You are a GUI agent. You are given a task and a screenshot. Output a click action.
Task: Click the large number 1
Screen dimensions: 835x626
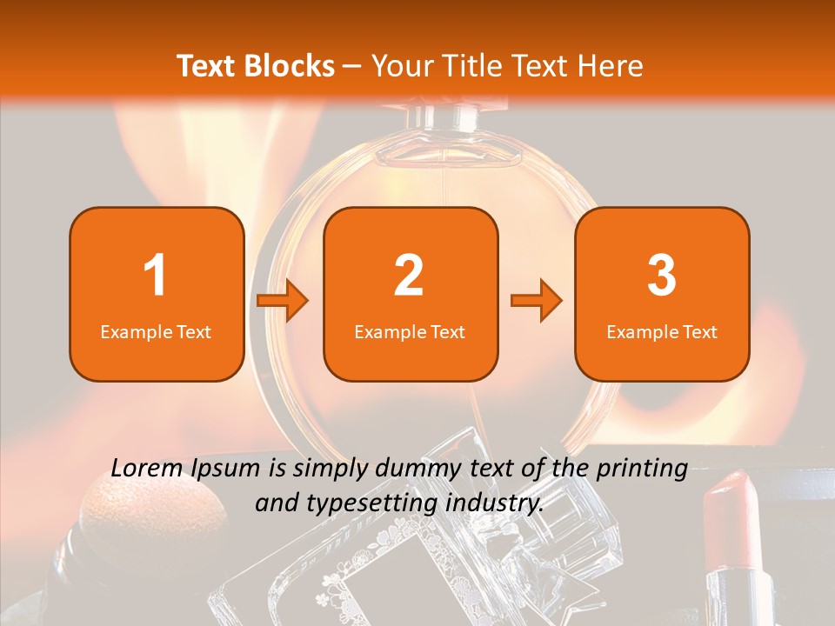155,275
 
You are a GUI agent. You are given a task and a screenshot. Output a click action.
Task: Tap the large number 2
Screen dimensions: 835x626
409,275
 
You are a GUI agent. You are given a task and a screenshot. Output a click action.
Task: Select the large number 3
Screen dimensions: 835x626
661,275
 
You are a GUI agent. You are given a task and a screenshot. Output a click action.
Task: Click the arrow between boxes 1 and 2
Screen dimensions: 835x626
282,300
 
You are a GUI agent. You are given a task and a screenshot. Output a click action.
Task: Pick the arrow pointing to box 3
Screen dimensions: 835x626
537,300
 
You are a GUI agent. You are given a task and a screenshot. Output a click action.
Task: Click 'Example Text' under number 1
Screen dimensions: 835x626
156,332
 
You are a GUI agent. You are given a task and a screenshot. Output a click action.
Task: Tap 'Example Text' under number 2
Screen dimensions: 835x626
410,332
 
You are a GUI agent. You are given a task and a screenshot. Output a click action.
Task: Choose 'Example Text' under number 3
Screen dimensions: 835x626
662,332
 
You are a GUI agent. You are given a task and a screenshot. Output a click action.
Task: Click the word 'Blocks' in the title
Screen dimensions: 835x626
289,65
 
